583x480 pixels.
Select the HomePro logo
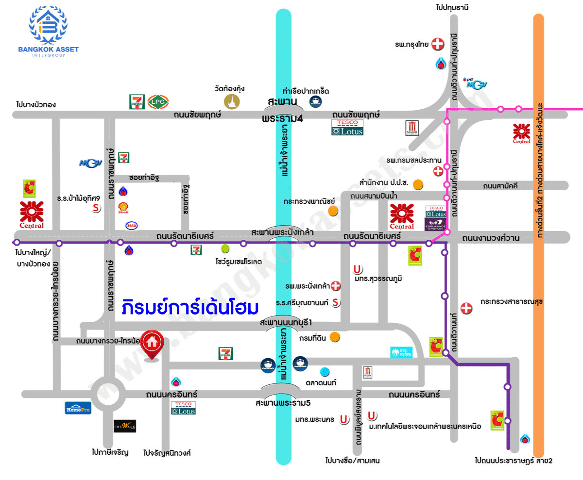point(78,408)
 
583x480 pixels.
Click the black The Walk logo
point(124,426)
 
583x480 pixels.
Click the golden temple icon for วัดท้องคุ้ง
point(232,102)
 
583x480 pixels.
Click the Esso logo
point(131,225)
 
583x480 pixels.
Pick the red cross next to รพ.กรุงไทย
point(438,44)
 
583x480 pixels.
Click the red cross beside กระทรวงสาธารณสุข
point(466,308)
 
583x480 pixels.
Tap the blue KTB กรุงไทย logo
point(401,352)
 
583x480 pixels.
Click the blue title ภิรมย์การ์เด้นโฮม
point(190,308)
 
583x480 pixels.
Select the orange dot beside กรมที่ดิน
point(335,337)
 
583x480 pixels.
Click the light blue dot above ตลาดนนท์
point(325,372)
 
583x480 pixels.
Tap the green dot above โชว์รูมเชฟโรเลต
point(225,248)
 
